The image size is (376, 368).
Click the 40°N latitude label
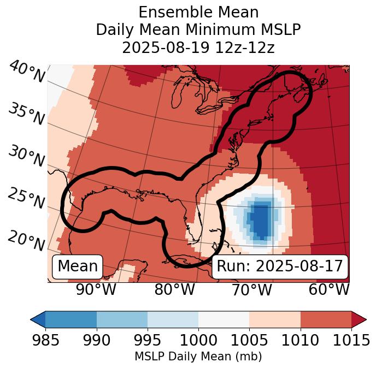point(27,73)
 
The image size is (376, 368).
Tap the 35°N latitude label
point(26,114)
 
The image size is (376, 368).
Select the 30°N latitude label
point(26,156)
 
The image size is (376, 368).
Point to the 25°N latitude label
point(26,198)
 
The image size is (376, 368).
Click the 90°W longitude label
point(96,290)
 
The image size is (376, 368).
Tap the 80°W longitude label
point(174,290)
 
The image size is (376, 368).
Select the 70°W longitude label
point(252,290)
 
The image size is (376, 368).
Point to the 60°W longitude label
point(329,290)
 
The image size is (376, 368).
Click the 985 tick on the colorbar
point(45,340)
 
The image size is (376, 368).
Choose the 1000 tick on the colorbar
point(198,340)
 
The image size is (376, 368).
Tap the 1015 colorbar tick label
point(351,340)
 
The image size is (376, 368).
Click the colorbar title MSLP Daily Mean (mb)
point(198,357)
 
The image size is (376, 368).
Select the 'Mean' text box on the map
point(78,266)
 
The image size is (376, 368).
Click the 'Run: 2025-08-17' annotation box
point(280,266)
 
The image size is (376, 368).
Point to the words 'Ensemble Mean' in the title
point(198,13)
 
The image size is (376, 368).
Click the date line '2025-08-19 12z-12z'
point(198,48)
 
